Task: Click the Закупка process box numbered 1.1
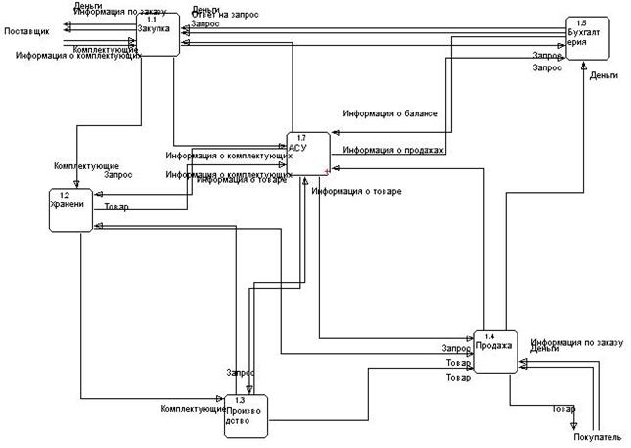point(158,34)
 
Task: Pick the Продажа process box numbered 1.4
point(495,350)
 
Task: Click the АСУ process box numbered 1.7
point(307,155)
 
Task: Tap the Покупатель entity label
point(597,437)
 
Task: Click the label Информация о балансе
point(389,114)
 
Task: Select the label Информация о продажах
point(393,151)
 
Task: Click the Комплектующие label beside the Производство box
point(192,407)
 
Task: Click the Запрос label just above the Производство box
point(241,373)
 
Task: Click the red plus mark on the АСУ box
point(326,171)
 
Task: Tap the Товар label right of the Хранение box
point(116,207)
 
